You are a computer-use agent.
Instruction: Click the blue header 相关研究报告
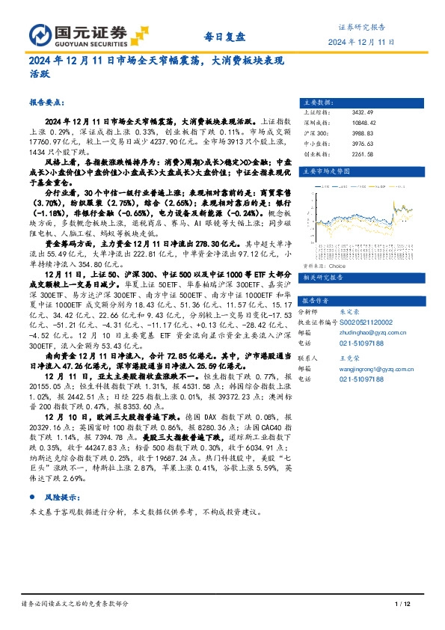click(322, 257)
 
